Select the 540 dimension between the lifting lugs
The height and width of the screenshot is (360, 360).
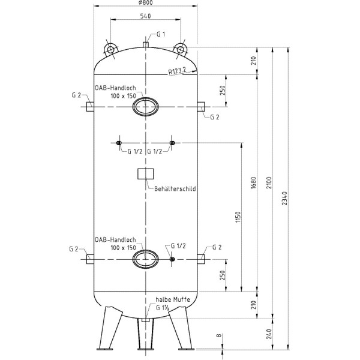145,17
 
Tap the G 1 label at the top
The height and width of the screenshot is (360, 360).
160,34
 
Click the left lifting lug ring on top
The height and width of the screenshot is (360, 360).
111,48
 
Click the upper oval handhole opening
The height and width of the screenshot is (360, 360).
145,107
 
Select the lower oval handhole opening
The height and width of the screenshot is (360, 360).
145,259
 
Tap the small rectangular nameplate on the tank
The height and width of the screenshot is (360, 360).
145,174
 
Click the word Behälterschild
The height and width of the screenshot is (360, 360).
175,188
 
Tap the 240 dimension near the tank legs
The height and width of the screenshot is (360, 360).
269,334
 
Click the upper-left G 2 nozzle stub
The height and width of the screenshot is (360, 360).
89,107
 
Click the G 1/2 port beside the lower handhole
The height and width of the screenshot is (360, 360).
172,259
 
